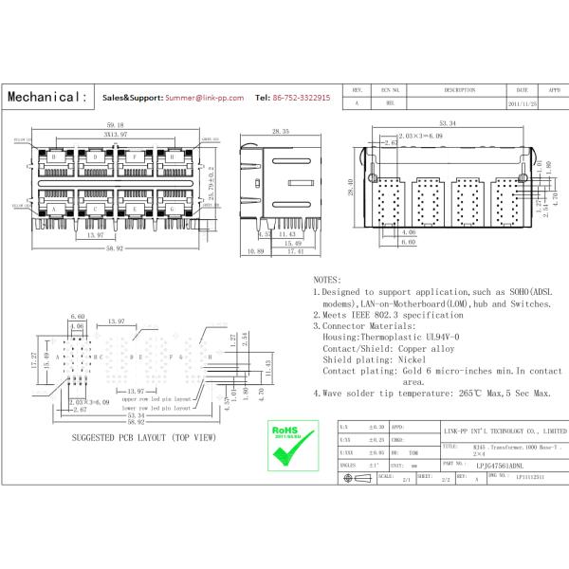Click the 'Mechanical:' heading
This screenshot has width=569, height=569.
coord(47,98)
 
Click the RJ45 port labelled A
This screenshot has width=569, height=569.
coord(55,207)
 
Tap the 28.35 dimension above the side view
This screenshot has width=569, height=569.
coord(282,132)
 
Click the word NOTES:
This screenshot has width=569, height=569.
coord(327,281)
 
